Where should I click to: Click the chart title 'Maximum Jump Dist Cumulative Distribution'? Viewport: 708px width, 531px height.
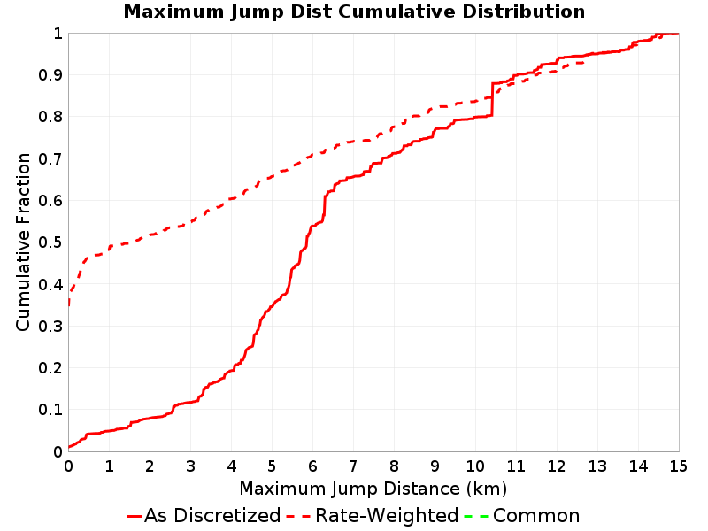pyautogui.click(x=354, y=12)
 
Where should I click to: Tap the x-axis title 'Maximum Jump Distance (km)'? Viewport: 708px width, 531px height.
pyautogui.click(x=373, y=489)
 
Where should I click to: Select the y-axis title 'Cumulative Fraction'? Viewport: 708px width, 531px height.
pyautogui.click(x=23, y=242)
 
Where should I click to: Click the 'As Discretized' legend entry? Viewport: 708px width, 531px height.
pyautogui.click(x=212, y=516)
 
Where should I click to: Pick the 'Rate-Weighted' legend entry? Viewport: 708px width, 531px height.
pyautogui.click(x=387, y=516)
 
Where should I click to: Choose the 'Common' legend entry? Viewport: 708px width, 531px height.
pyautogui.click(x=536, y=516)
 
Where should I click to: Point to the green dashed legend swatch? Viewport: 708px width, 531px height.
pyautogui.click(x=476, y=516)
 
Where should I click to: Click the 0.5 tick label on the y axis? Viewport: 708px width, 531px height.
pyautogui.click(x=50, y=242)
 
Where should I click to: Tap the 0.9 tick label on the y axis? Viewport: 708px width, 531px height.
pyautogui.click(x=50, y=75)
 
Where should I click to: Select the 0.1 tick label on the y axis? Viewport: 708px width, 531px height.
pyautogui.click(x=50, y=410)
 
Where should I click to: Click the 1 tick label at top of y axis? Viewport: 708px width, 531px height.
pyautogui.click(x=58, y=34)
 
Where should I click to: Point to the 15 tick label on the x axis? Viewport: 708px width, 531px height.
pyautogui.click(x=679, y=466)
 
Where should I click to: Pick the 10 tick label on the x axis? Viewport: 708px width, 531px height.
pyautogui.click(x=475, y=466)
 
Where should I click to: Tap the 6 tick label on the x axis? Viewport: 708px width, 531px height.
pyautogui.click(x=312, y=466)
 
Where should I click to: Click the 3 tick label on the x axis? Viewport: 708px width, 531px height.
pyautogui.click(x=190, y=466)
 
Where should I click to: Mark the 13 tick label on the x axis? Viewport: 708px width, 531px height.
pyautogui.click(x=596, y=466)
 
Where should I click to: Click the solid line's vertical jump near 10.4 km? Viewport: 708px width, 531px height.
pyautogui.click(x=492, y=99)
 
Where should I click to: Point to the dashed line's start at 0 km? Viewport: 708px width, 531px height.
pyautogui.click(x=69, y=305)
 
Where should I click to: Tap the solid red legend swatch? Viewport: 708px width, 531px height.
pyautogui.click(x=135, y=516)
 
